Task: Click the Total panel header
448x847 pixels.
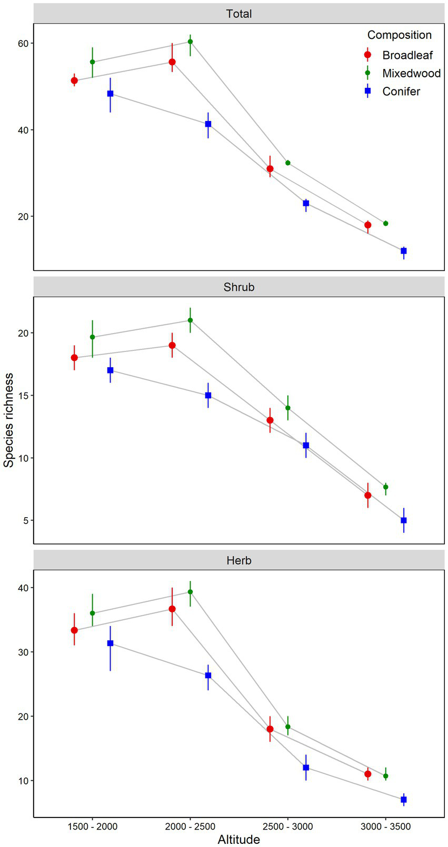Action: click(239, 14)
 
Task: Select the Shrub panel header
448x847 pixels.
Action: click(239, 287)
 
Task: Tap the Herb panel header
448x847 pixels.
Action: click(239, 560)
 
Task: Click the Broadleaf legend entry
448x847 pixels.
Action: click(407, 55)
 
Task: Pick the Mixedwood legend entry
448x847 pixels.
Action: click(411, 73)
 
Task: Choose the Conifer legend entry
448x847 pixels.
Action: click(401, 92)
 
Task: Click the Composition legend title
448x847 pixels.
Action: click(399, 35)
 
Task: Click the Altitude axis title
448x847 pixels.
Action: click(239, 839)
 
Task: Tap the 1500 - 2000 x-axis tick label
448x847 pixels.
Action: click(93, 826)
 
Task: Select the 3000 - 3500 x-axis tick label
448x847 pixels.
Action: click(385, 826)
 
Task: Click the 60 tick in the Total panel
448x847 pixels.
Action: click(23, 43)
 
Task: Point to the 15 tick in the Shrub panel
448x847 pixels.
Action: click(23, 396)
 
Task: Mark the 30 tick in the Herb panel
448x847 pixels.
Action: click(23, 652)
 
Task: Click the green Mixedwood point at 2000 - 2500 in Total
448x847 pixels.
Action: click(190, 42)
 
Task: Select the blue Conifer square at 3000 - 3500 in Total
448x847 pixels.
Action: click(404, 251)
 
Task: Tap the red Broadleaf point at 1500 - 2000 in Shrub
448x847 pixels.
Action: click(74, 358)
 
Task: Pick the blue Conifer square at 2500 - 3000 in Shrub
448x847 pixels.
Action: click(306, 446)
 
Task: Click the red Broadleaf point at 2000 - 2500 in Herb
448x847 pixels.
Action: click(172, 609)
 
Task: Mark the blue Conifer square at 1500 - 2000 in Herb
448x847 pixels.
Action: click(111, 643)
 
